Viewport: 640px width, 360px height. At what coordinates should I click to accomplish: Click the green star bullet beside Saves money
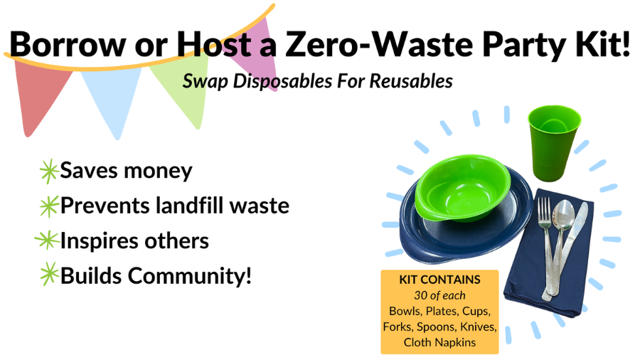[x=48, y=171]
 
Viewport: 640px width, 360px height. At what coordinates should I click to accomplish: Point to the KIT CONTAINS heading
[x=439, y=280]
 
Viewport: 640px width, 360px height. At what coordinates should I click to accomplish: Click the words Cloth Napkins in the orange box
[x=439, y=342]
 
